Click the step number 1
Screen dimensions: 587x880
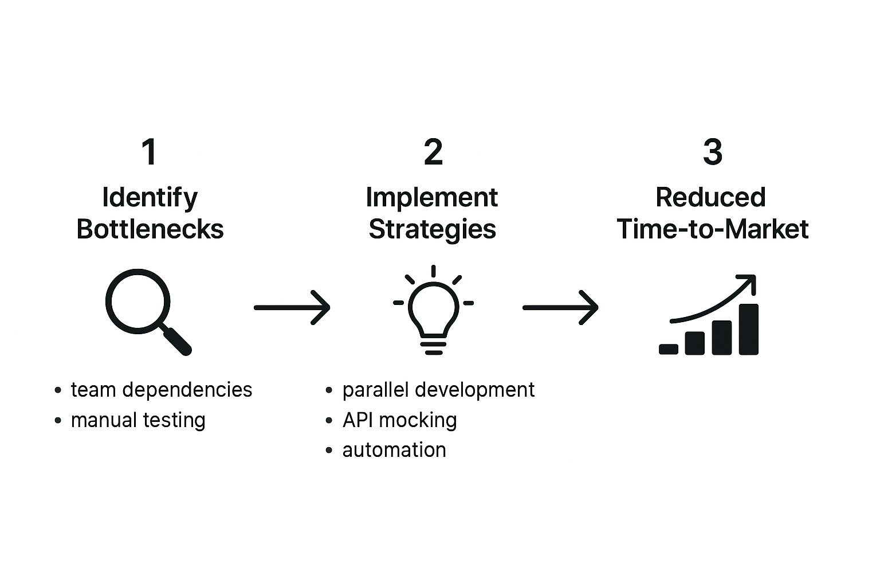(149, 152)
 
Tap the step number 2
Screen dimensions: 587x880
(433, 152)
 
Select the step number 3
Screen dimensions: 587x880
(712, 152)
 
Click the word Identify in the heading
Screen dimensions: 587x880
(150, 198)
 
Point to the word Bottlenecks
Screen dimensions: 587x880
(150, 229)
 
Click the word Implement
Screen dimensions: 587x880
(431, 198)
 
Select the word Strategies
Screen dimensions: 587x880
(432, 229)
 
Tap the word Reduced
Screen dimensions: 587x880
(710, 198)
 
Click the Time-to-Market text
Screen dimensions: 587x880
(712, 229)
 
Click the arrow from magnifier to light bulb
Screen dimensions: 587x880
(292, 307)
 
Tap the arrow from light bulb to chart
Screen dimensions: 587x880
(560, 307)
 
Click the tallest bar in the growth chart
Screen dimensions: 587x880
(748, 330)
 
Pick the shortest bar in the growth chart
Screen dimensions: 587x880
(669, 349)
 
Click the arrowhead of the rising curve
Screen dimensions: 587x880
(748, 283)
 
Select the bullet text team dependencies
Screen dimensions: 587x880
(161, 390)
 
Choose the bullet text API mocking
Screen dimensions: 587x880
(399, 420)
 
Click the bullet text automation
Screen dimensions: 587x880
(394, 450)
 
